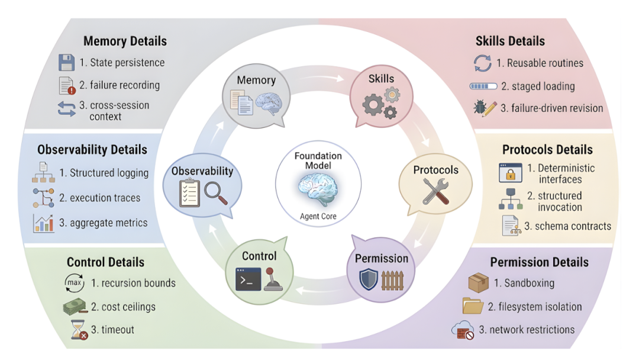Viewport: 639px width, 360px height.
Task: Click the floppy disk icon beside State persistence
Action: click(x=66, y=62)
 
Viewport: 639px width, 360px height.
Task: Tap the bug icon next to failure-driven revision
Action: click(x=480, y=107)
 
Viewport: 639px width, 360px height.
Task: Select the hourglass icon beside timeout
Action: click(x=79, y=330)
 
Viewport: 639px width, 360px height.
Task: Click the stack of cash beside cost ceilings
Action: click(x=75, y=307)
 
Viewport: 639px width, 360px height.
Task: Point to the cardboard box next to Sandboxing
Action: click(x=479, y=282)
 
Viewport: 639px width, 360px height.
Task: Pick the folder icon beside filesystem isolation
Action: click(x=473, y=306)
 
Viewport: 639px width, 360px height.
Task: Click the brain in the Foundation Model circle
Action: click(x=318, y=189)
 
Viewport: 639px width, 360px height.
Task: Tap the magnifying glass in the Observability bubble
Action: click(x=215, y=193)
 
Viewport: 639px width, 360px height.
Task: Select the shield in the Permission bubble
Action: click(x=369, y=279)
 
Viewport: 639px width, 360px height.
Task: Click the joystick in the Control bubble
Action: click(x=273, y=279)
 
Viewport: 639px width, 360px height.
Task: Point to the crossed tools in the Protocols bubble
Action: click(x=435, y=191)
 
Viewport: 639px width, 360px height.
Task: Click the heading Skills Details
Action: click(x=510, y=41)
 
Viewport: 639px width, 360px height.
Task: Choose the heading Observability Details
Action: click(x=92, y=150)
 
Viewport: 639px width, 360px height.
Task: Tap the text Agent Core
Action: click(x=318, y=217)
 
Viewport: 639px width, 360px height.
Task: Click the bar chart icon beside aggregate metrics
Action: click(x=43, y=223)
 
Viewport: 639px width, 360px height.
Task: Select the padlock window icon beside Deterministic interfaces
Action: click(x=510, y=172)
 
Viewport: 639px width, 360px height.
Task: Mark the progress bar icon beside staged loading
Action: click(x=483, y=86)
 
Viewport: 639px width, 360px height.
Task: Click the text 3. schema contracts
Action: click(x=567, y=226)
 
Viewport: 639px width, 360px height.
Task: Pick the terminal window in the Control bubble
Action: click(x=248, y=279)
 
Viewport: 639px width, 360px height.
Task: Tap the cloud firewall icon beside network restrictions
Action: click(x=463, y=330)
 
